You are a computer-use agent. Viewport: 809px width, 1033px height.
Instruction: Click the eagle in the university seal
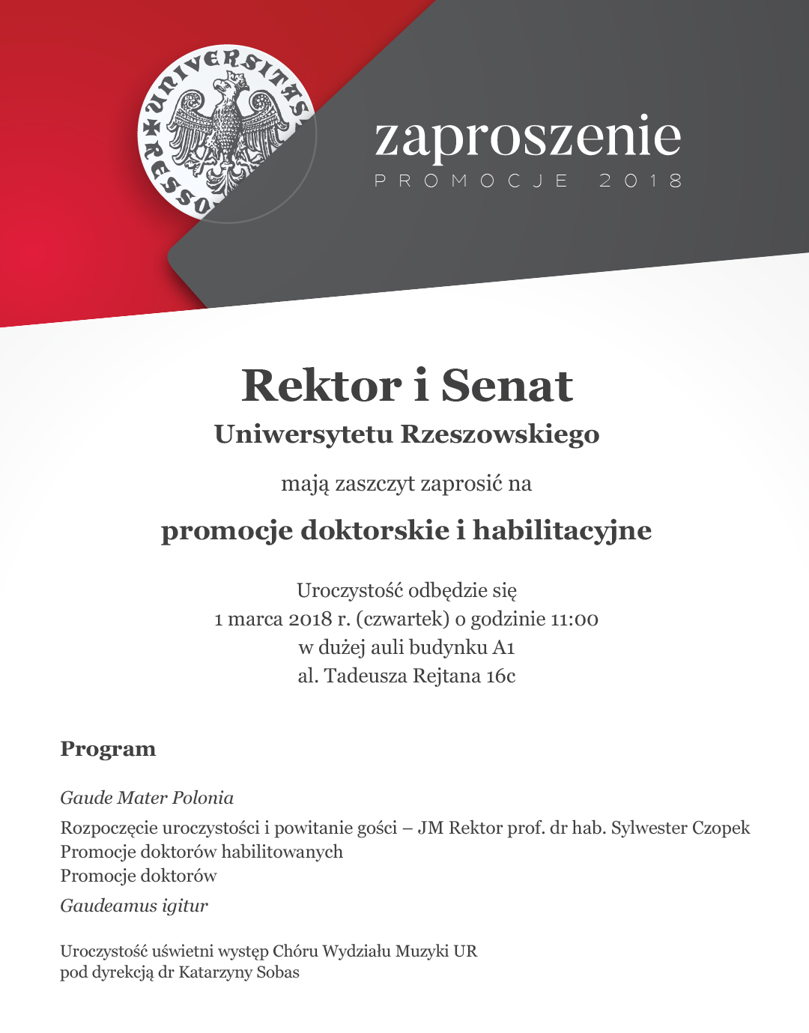[225, 131]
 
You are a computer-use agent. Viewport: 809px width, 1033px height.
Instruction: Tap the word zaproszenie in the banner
[527, 137]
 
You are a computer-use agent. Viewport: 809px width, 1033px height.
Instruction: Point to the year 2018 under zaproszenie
[640, 181]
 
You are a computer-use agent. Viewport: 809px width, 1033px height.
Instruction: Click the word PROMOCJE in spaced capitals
[472, 181]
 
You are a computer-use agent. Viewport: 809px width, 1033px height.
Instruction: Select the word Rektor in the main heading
[321, 387]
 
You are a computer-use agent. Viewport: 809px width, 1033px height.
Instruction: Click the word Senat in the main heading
[507, 387]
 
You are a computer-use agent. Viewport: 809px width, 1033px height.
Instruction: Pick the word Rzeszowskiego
[500, 434]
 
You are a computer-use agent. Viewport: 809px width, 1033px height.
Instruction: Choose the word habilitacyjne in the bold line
[562, 530]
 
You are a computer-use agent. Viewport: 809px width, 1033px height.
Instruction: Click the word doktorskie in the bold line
[374, 530]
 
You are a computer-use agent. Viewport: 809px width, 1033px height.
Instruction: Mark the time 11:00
[575, 620]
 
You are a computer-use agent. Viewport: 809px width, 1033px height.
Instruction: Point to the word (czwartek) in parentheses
[403, 620]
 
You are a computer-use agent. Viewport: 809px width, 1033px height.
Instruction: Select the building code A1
[503, 648]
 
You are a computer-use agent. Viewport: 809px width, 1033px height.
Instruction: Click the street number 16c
[500, 676]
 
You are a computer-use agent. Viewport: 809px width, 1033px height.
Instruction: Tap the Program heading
[108, 749]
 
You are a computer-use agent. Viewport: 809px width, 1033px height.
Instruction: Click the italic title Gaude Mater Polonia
[147, 798]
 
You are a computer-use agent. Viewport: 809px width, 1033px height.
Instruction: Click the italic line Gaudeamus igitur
[134, 906]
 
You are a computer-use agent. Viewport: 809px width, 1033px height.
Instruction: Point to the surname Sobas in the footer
[278, 972]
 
